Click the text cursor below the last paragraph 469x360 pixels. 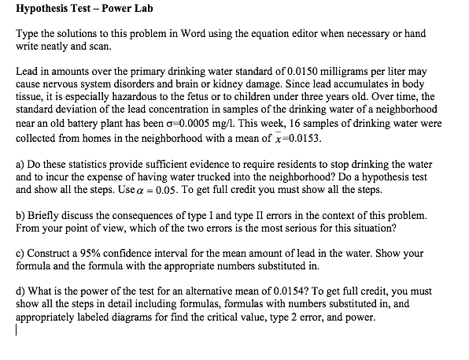click(x=17, y=332)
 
